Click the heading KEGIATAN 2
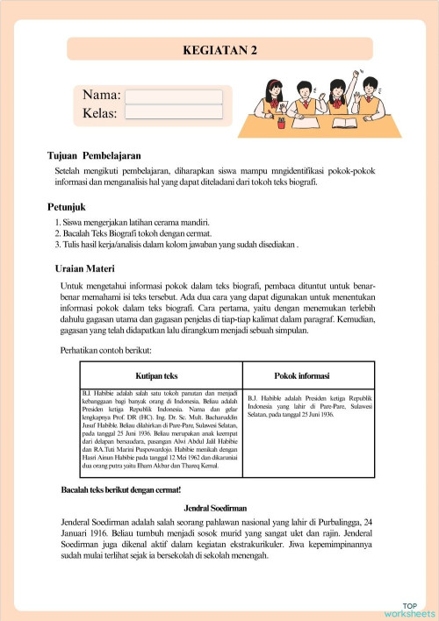[219, 50]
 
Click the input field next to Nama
[174, 96]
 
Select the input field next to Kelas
[174, 112]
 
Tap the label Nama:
[102, 96]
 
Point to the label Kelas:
[101, 112]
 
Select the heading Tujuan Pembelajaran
[94, 154]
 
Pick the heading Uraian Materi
[88, 268]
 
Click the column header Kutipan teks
[158, 375]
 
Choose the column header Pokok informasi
[302, 375]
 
